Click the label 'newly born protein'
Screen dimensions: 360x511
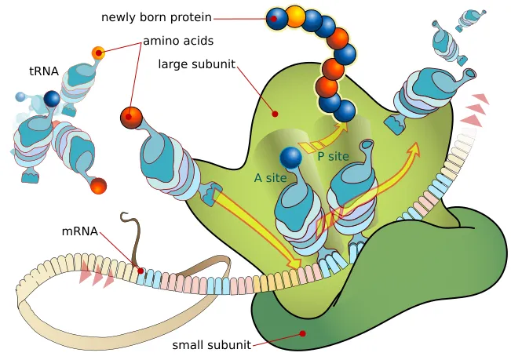click(x=156, y=16)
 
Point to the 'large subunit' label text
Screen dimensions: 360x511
click(x=196, y=64)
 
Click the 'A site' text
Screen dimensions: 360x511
click(x=270, y=178)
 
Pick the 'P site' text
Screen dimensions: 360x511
click(x=333, y=156)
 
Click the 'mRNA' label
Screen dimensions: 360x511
click(x=80, y=231)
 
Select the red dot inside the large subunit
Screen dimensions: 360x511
click(x=275, y=114)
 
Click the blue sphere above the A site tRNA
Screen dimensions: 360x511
click(x=291, y=158)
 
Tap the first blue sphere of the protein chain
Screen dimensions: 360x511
click(x=276, y=18)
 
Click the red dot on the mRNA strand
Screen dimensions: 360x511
click(x=141, y=271)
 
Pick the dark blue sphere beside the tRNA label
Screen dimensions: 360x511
click(x=52, y=99)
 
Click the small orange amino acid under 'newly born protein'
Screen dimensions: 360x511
click(x=98, y=53)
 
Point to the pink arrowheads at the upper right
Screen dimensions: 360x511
click(x=476, y=110)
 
